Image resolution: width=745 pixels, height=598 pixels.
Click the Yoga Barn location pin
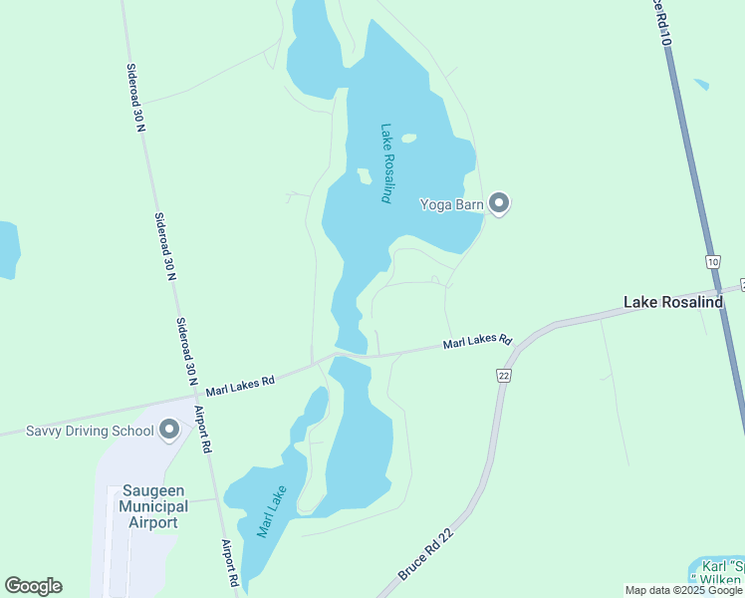tap(500, 204)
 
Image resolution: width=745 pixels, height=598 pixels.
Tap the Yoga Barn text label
tap(451, 205)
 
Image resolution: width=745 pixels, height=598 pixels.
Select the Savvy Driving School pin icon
tap(169, 430)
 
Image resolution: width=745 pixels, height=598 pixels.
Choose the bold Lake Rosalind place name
tap(672, 302)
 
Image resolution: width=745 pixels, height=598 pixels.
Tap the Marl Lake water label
tap(272, 510)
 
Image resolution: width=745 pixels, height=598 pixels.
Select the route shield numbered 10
tap(712, 262)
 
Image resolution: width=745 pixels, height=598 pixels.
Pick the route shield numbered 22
tap(504, 374)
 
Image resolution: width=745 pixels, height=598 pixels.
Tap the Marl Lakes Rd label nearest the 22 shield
tap(477, 342)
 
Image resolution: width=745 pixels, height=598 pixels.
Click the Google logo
tap(33, 586)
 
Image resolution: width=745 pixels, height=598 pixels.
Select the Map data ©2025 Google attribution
tap(683, 590)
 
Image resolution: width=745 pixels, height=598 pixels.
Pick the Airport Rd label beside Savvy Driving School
tap(202, 430)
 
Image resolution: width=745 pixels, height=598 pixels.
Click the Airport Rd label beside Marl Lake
tap(230, 563)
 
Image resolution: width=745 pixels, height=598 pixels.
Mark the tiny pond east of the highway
tap(702, 85)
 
